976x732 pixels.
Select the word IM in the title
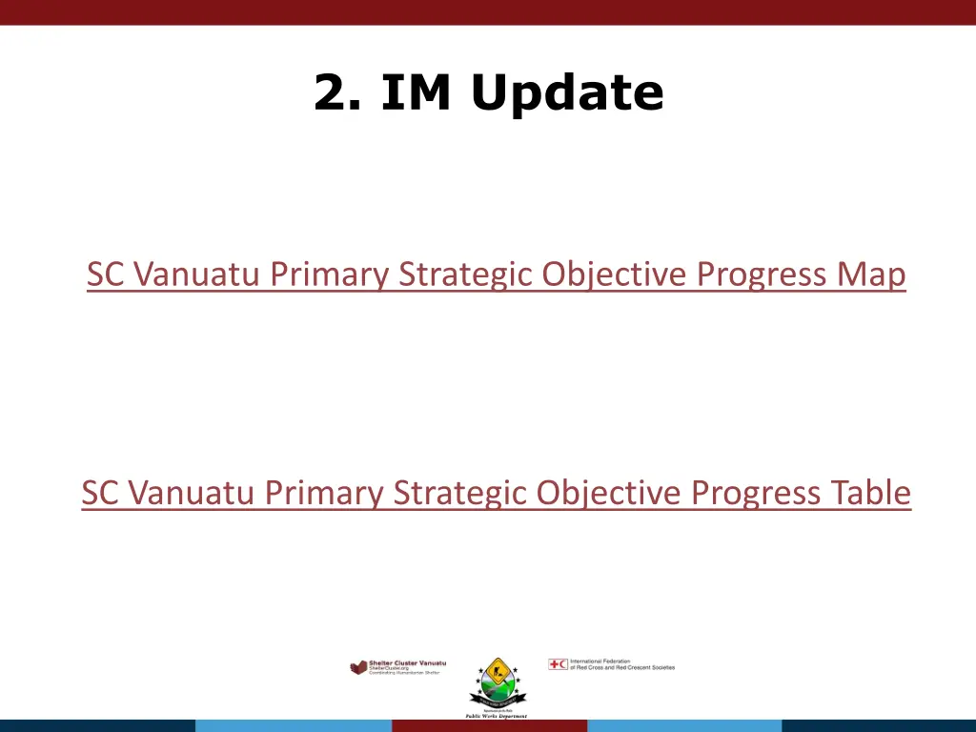[x=416, y=92]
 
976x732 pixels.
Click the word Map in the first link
[x=871, y=274]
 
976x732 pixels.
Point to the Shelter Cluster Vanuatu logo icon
[x=358, y=667]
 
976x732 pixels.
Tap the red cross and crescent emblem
[x=558, y=664]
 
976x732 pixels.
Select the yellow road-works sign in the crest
[x=495, y=671]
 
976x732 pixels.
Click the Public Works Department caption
[x=496, y=716]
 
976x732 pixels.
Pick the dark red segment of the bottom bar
[x=488, y=725]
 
